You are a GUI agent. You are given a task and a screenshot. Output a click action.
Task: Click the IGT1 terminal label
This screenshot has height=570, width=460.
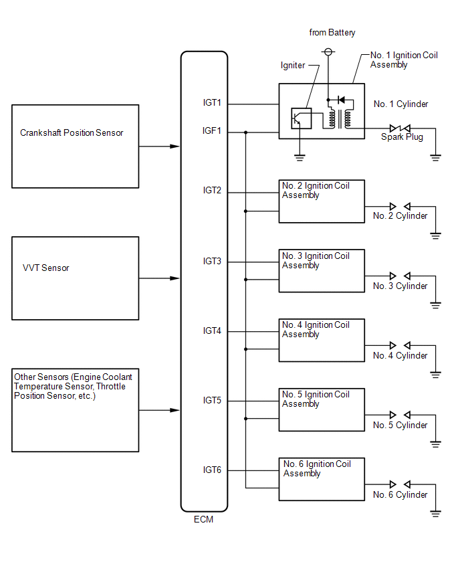point(212,103)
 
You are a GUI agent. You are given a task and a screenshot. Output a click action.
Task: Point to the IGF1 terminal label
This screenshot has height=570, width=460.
point(212,130)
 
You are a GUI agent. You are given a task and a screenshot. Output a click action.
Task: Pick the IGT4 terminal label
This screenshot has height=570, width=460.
point(212,330)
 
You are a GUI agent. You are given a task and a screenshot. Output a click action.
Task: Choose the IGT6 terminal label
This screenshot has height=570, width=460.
point(212,470)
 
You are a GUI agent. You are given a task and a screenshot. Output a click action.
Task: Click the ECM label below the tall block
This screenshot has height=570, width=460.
point(203,519)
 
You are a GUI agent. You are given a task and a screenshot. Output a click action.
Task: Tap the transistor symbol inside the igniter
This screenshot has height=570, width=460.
point(302,118)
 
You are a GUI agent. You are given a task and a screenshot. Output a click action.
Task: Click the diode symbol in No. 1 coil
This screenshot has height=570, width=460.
point(341,100)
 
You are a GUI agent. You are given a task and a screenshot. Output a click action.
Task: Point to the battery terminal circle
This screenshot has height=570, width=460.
point(328,52)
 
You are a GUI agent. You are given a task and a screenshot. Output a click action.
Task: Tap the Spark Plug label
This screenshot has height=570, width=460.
point(402,137)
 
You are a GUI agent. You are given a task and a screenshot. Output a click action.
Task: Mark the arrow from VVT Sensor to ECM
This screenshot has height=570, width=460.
point(159,278)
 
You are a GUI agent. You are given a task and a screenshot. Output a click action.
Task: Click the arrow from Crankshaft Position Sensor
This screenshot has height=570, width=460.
point(159,147)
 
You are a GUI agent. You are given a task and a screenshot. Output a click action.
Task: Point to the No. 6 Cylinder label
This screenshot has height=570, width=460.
point(400,495)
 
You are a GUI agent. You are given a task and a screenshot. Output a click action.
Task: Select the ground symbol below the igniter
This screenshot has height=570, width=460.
point(300,158)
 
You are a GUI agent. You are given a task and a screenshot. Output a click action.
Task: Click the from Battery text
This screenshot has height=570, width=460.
point(332,33)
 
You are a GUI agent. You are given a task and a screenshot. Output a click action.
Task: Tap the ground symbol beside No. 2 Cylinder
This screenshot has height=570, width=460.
point(435,235)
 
